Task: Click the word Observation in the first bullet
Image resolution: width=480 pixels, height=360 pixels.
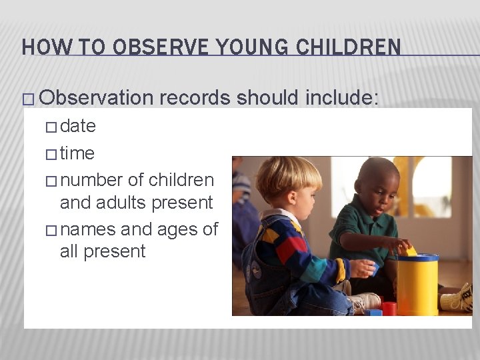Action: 96,99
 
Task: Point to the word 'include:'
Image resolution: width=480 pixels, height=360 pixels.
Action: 342,99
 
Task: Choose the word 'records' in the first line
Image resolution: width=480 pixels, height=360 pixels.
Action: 195,99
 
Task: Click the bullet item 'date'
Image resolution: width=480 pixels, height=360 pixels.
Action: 78,126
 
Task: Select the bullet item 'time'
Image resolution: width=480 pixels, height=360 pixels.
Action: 77,153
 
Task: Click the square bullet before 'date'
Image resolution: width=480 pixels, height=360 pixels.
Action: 52,127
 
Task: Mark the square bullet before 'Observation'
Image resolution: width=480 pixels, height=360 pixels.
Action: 27,99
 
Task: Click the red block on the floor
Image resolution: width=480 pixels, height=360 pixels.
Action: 389,308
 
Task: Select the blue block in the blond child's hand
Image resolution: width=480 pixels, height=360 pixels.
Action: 373,269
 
